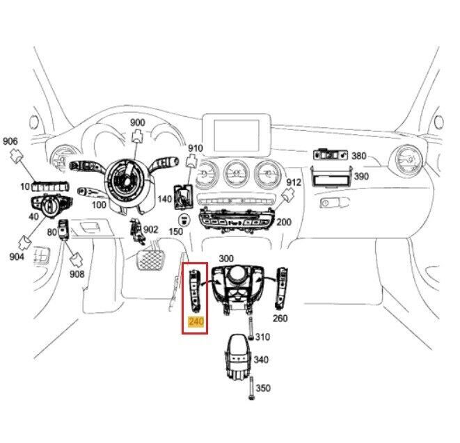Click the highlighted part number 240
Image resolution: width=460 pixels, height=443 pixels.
click(196, 321)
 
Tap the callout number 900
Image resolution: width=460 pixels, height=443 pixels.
click(138, 122)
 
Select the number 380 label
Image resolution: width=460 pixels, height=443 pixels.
click(359, 156)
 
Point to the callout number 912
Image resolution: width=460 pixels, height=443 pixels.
click(294, 182)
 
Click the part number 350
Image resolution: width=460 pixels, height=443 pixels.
click(263, 388)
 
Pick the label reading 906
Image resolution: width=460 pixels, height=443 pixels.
click(10, 141)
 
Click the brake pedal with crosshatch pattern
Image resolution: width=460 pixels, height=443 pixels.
click(150, 260)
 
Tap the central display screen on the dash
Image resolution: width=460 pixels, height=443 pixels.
click(237, 135)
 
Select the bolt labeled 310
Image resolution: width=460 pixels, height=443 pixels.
click(251, 328)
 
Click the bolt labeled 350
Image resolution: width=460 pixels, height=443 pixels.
click(251, 388)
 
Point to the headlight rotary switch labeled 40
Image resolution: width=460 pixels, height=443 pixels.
click(51, 206)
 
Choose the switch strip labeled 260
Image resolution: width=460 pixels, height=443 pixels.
click(281, 288)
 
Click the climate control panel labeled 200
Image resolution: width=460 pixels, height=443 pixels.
click(237, 220)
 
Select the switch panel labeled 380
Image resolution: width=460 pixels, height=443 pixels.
click(331, 155)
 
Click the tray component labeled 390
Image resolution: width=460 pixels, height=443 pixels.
click(331, 176)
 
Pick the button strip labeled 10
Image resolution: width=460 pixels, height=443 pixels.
click(50, 187)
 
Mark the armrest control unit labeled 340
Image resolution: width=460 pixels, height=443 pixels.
click(239, 357)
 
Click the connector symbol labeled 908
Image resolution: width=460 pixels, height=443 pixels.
click(76, 259)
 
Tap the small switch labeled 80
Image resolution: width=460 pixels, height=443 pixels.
click(63, 229)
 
